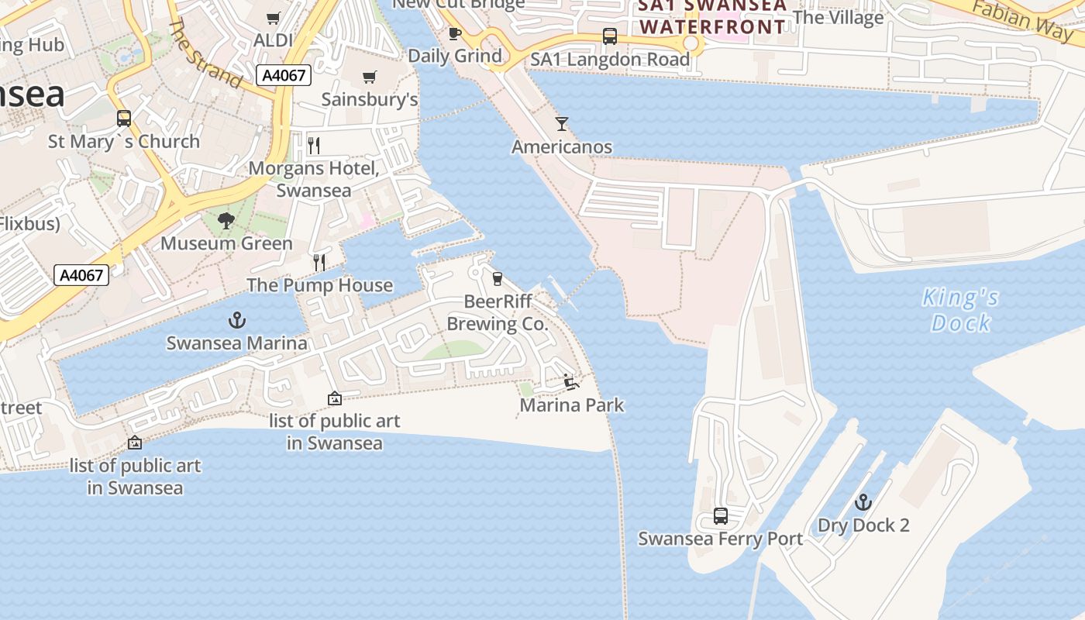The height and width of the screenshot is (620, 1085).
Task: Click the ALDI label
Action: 274,40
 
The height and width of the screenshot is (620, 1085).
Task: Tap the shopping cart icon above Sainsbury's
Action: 369,77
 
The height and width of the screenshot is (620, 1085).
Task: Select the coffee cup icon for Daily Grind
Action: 455,33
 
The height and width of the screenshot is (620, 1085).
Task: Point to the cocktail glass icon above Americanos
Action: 562,124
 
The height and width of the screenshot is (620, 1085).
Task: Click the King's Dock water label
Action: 961,310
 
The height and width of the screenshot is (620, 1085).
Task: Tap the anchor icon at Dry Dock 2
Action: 863,503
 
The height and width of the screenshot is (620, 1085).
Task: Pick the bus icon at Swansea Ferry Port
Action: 721,516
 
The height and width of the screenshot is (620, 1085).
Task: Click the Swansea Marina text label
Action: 237,343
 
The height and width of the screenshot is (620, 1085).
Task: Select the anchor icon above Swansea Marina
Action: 237,320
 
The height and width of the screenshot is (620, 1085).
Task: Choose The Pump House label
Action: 319,285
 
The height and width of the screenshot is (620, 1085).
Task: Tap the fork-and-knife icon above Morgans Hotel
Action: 314,145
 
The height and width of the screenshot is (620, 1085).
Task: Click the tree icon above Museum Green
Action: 226,221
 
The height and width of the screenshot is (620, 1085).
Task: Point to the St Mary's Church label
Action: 124,142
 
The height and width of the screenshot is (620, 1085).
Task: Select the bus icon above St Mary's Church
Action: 124,119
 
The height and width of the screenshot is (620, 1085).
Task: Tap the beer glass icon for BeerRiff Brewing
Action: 497,278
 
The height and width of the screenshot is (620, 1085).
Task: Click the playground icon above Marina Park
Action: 571,382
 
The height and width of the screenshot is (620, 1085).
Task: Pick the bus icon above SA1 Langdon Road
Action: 610,36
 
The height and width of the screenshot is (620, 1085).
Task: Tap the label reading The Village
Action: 839,17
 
